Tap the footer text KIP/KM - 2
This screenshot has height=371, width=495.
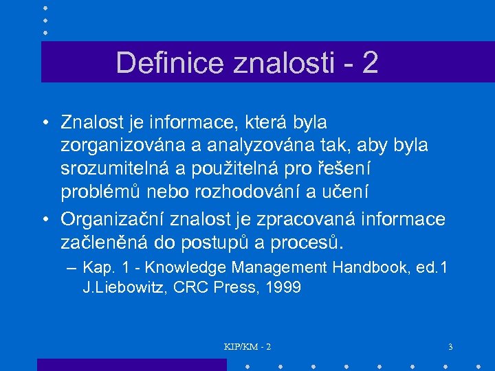[x=247, y=347]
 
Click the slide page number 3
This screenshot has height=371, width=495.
[x=450, y=347]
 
